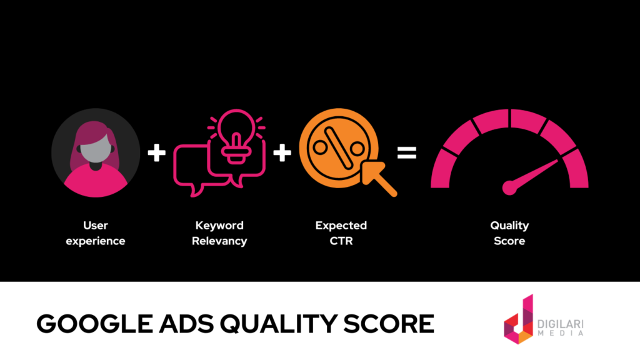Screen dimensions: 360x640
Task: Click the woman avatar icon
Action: tap(96, 152)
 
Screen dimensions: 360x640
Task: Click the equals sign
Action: tap(407, 152)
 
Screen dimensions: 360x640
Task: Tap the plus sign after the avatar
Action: tap(157, 152)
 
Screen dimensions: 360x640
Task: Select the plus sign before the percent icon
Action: tap(282, 152)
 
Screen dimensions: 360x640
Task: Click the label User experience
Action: tap(96, 233)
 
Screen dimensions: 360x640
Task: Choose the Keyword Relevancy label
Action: tap(219, 233)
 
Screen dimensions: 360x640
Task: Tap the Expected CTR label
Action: tap(341, 233)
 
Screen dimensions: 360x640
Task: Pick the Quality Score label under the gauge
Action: tap(509, 233)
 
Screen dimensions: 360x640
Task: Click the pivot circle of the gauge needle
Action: tap(510, 186)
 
